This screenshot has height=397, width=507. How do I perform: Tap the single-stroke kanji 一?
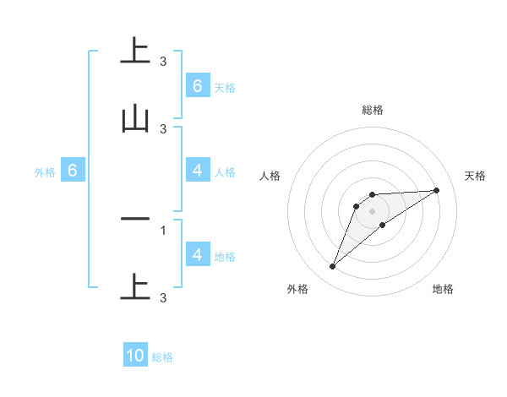click(135, 219)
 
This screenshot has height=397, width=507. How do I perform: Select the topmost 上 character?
click(135, 50)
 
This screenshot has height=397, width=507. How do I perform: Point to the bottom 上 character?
click(135, 286)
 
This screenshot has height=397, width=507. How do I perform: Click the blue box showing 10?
click(135, 356)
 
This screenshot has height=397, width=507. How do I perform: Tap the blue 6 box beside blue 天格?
click(197, 85)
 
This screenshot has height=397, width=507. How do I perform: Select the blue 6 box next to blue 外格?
click(73, 171)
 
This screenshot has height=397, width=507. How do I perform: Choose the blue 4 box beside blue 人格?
click(197, 171)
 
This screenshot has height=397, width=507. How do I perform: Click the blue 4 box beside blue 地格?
click(197, 254)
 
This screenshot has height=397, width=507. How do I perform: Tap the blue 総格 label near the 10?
click(162, 357)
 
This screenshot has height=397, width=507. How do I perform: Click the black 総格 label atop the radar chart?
click(373, 110)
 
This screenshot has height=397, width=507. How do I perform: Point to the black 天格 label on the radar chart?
click(476, 176)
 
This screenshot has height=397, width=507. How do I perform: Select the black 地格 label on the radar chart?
click(443, 289)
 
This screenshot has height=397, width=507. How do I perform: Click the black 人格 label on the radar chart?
click(270, 176)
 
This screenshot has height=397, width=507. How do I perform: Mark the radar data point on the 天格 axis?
click(436, 190)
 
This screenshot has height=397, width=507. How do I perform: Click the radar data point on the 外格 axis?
click(332, 267)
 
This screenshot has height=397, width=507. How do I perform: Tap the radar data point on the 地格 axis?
click(383, 225)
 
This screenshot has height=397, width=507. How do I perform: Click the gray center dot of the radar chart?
click(373, 210)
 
